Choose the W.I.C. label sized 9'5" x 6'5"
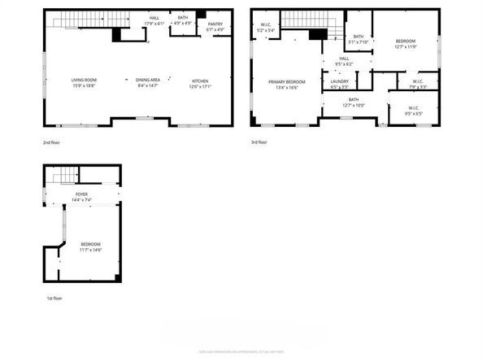415,110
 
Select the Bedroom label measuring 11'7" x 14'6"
90,246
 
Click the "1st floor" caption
54,299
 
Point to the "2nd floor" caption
53,142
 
